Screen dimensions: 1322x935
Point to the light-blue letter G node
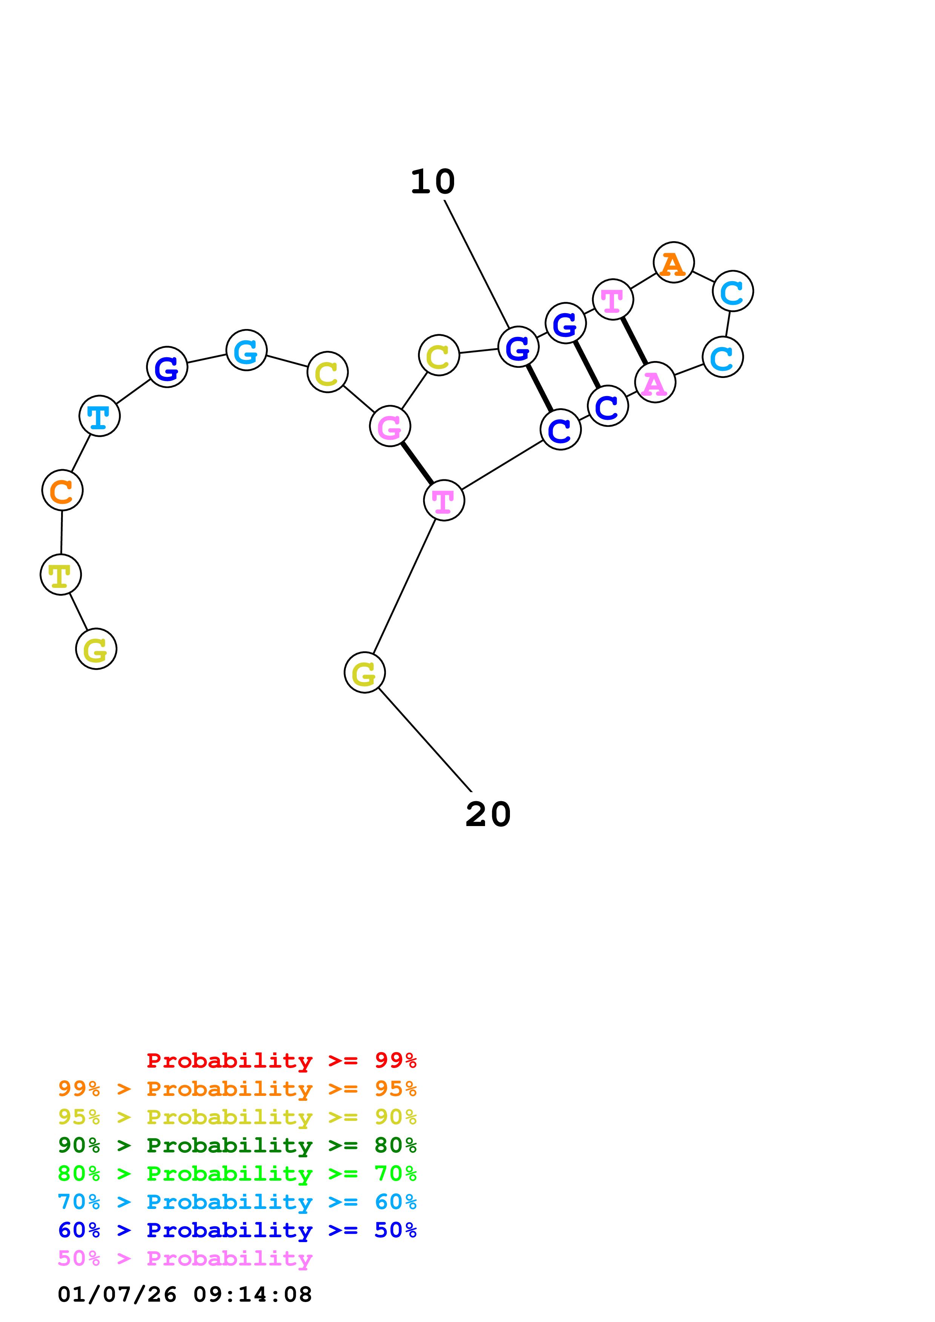click(x=246, y=350)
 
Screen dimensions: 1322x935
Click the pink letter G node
click(x=390, y=426)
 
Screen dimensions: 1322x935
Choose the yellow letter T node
click(x=60, y=575)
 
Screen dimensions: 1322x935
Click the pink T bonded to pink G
click(x=444, y=500)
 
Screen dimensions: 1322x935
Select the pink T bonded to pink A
click(x=613, y=299)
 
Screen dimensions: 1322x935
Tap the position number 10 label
click(x=433, y=182)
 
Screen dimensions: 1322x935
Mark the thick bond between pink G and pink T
click(x=416, y=463)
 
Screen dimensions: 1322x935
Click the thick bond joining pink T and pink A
click(x=634, y=341)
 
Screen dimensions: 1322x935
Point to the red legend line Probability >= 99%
click(x=281, y=1060)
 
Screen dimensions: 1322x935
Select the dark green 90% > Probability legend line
click(x=237, y=1145)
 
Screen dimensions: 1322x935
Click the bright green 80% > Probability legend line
click(x=237, y=1174)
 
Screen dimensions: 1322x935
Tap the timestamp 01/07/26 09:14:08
click(x=184, y=1294)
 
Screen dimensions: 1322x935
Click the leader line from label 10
click(x=476, y=264)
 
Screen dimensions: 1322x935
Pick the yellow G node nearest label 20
click(x=364, y=673)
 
